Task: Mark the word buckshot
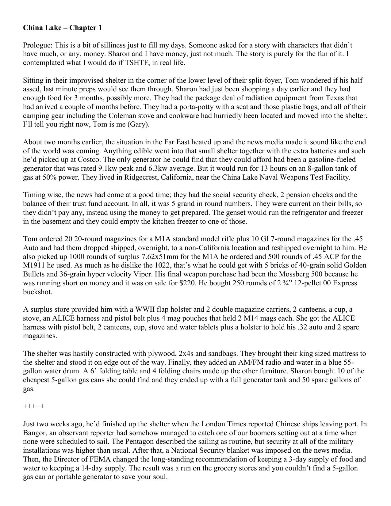tap(38, 292)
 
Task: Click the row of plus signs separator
tap(34, 406)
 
